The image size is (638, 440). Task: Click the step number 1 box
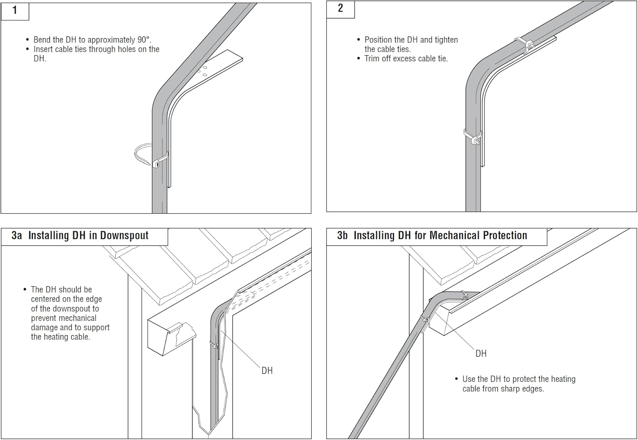[15, 11]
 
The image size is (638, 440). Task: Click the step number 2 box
[340, 9]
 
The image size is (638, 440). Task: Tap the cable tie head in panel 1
[157, 164]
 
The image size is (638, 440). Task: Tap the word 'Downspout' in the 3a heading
[124, 236]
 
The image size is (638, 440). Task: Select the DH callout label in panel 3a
[267, 371]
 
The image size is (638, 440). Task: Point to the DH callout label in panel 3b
[481, 353]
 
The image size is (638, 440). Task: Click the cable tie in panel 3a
[214, 345]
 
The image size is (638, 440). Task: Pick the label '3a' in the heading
[17, 235]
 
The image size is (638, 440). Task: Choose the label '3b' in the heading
[342, 235]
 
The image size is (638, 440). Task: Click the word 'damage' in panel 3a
[45, 327]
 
